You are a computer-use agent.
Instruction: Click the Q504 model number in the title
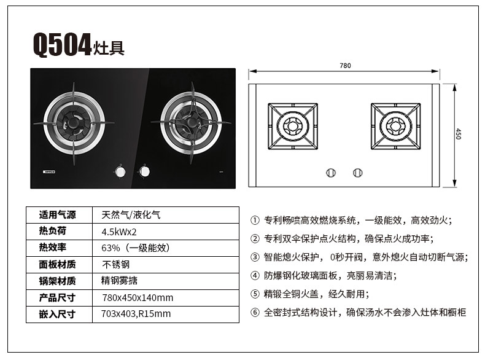point(62,45)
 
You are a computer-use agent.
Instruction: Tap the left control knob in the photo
point(120,171)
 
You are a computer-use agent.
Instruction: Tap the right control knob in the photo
point(144,171)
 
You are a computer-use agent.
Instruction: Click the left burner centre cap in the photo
point(74,123)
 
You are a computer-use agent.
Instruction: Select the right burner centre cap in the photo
point(192,122)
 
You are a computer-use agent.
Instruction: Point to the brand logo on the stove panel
point(49,171)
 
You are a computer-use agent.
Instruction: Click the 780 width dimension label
point(345,66)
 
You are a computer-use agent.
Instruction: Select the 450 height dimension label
point(459,134)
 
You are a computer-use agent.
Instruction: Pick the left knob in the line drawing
point(331,173)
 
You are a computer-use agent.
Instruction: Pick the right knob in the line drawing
point(357,173)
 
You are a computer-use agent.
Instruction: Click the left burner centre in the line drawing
point(292,127)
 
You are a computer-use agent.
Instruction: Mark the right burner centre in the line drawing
point(395,127)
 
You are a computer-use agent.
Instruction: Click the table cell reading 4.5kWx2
point(119,232)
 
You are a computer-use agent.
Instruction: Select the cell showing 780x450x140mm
point(138,298)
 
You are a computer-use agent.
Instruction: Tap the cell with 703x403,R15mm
point(136,314)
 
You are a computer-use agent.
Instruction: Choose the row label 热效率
point(53,248)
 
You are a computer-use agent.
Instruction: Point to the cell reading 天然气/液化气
point(131,215)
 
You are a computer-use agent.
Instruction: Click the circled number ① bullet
point(255,221)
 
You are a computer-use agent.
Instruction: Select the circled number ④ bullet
point(255,275)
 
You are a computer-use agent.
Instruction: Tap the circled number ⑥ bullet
point(255,312)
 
